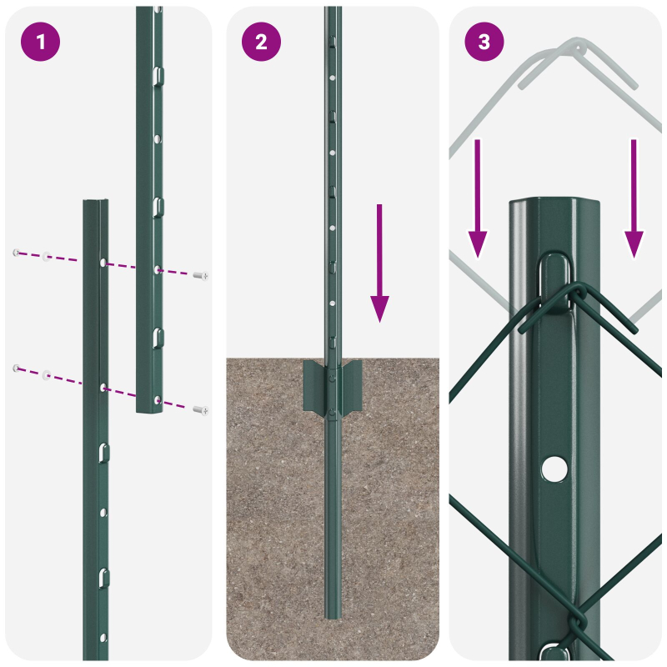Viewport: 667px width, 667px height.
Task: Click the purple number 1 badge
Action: (x=40, y=42)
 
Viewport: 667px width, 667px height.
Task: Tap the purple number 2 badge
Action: (x=262, y=42)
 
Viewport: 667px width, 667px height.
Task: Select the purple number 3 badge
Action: (x=484, y=42)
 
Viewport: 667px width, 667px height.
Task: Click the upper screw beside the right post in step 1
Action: (x=200, y=275)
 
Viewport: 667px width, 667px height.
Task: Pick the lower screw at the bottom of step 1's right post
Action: (x=200, y=409)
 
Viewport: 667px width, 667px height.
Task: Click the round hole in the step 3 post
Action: (x=552, y=469)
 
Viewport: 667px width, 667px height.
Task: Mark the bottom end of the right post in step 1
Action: (x=148, y=410)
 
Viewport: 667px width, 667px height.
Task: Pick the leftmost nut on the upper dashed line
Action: (x=15, y=253)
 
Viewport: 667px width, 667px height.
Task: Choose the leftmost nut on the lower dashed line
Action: (x=15, y=368)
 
